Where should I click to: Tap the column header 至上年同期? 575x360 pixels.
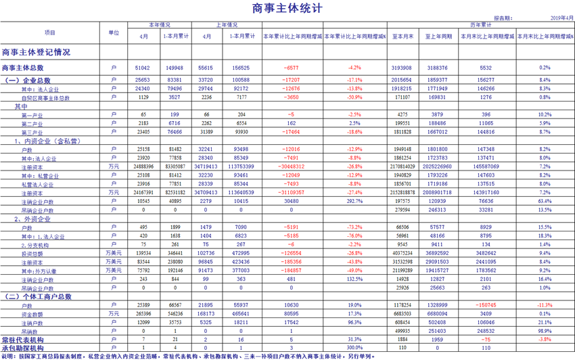[x=438, y=36]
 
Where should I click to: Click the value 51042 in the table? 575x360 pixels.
[x=143, y=68]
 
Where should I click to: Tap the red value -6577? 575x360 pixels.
[x=292, y=68]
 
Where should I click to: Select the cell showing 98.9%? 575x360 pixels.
[x=544, y=332]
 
